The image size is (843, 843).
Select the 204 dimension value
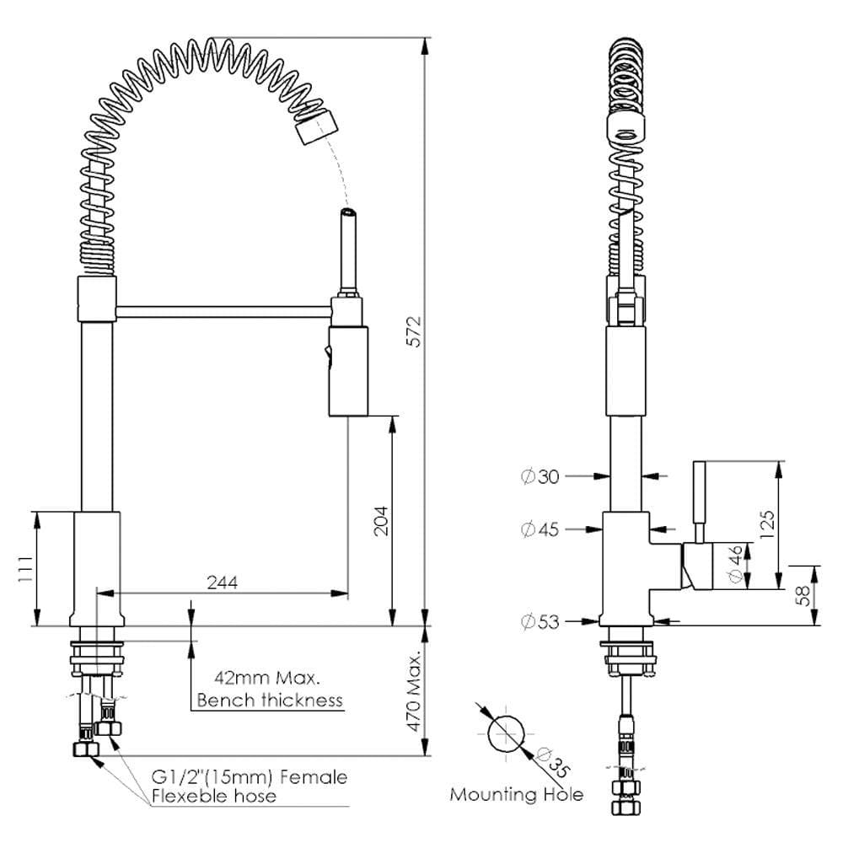pos(382,523)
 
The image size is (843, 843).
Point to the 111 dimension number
pos(24,571)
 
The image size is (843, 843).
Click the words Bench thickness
pos(269,700)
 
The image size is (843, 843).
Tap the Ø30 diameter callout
pos(540,477)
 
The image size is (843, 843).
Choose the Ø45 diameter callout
pos(540,529)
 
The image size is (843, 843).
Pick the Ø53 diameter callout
pos(540,622)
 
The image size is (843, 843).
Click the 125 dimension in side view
pos(766,524)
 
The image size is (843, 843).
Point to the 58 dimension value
pos(804,595)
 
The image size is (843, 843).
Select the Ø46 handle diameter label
pos(734,566)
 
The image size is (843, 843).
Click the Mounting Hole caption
pos(516,794)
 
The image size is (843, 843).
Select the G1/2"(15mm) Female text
pos(249,776)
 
